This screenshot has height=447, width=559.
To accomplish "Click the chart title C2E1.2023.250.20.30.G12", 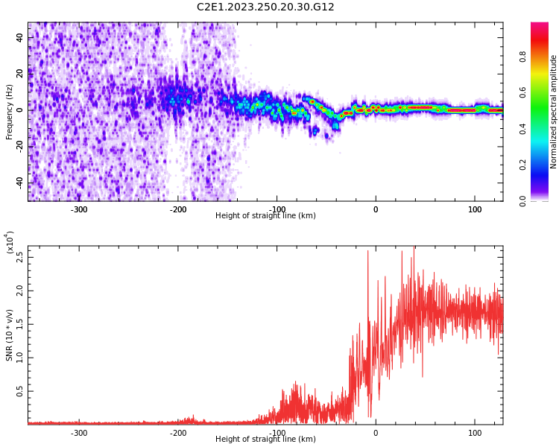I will pos(265,7).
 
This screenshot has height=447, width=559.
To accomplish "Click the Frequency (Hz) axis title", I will pos(10,112).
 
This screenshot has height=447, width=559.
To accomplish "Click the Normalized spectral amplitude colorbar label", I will pos(554,112).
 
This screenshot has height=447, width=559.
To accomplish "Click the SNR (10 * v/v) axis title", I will pos(10,335).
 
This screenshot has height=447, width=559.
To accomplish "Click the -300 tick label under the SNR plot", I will pos(79,433).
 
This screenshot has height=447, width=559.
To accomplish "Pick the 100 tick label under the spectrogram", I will pos(475,209).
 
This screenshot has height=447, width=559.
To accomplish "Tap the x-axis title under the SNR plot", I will pos(265,440).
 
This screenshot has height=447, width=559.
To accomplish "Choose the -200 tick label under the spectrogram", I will pos(178,209).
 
